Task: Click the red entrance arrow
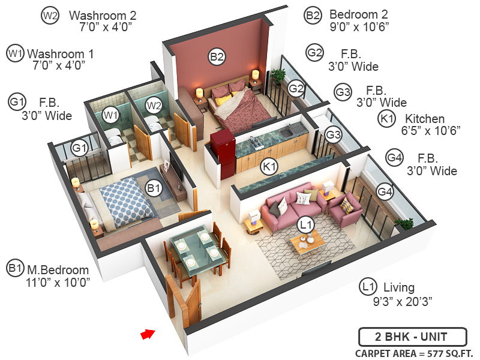147,334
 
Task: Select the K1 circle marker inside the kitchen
270,166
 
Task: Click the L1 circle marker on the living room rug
306,225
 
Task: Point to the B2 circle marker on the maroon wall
217,58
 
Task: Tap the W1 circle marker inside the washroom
110,115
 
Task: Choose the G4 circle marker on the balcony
385,191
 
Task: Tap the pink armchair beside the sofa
344,210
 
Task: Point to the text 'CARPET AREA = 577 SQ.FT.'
414,353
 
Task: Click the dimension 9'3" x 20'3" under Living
402,301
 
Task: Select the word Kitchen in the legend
425,119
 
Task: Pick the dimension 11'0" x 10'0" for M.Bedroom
58,282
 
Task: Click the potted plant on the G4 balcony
405,224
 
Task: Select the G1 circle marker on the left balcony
80,147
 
